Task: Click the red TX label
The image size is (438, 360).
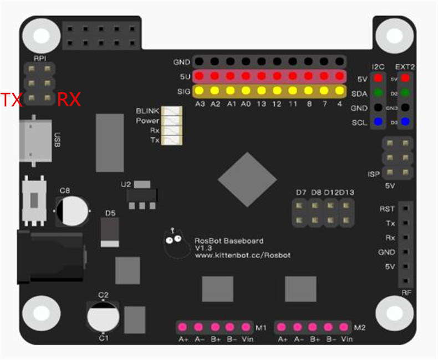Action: pyautogui.click(x=11, y=100)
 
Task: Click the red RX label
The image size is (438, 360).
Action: pyautogui.click(x=69, y=100)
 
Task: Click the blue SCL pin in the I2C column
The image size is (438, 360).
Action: pyautogui.click(x=379, y=121)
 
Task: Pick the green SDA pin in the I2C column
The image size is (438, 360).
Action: pyautogui.click(x=379, y=93)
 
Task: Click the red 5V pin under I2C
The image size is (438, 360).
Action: pyautogui.click(x=379, y=79)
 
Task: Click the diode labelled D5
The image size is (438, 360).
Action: pyautogui.click(x=109, y=232)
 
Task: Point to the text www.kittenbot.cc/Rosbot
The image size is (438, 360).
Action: pyautogui.click(x=242, y=255)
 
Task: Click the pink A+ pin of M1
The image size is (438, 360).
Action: pyautogui.click(x=182, y=326)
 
